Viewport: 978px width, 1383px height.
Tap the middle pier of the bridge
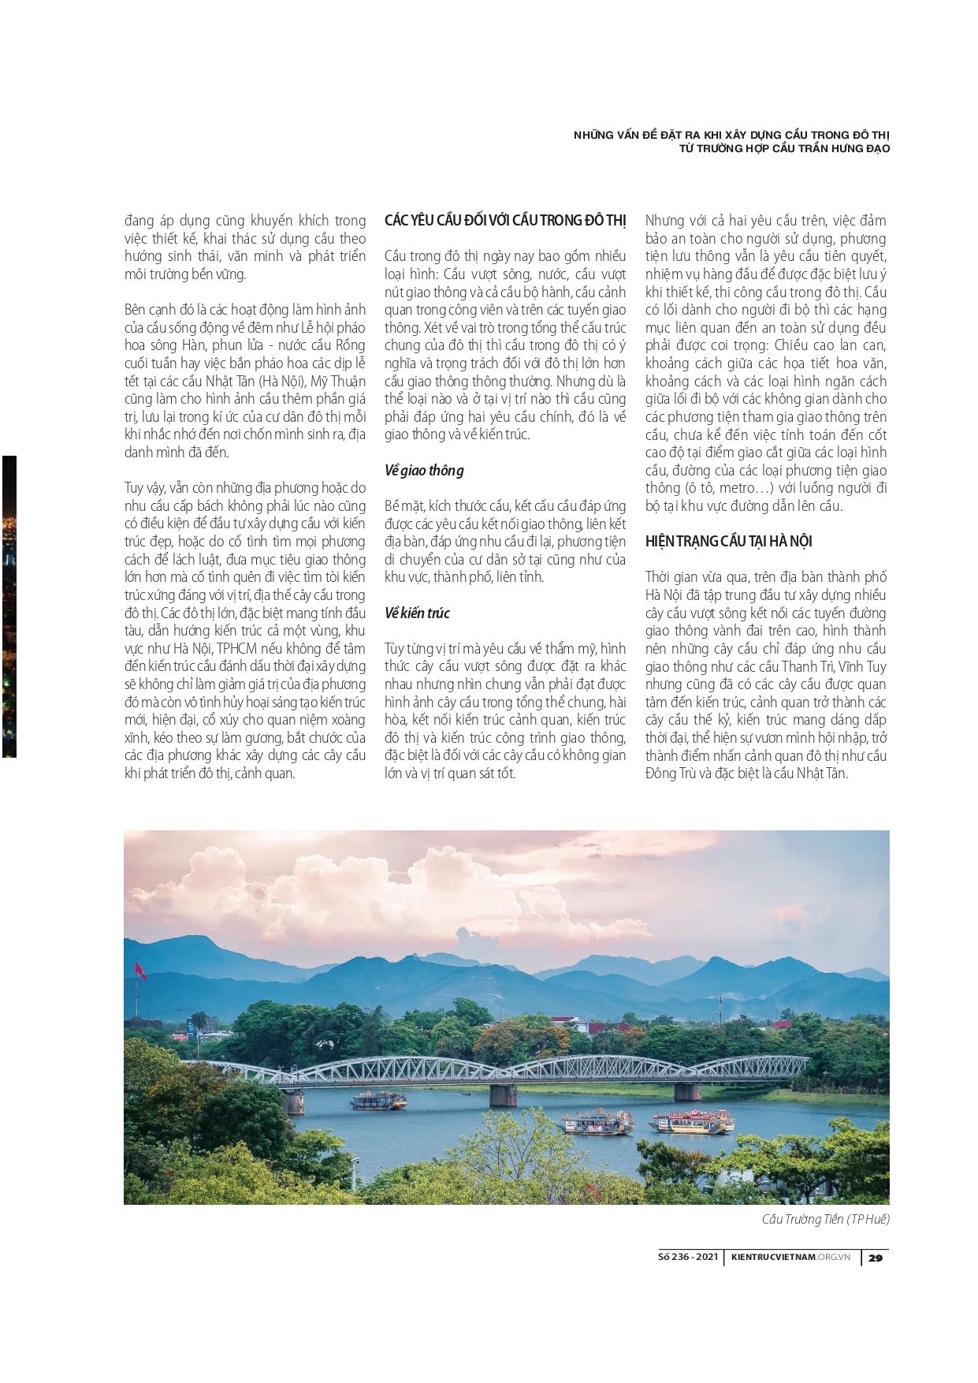[x=503, y=1094]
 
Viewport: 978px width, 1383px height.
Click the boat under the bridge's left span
[x=377, y=1100]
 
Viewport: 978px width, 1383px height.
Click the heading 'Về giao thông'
[x=424, y=471]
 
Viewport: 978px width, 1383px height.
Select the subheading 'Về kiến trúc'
[x=417, y=613]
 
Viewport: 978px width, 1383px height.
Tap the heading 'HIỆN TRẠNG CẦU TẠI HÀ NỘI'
[x=728, y=542]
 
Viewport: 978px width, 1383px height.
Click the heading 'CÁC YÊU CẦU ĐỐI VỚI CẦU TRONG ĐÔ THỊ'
[x=505, y=221]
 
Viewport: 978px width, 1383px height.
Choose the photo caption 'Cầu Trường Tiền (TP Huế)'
[x=825, y=1220]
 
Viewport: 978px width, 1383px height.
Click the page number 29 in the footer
[x=876, y=1258]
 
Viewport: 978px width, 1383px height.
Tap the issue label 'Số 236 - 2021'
[x=688, y=1257]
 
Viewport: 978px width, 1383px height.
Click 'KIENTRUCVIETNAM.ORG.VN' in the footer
[x=790, y=1257]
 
